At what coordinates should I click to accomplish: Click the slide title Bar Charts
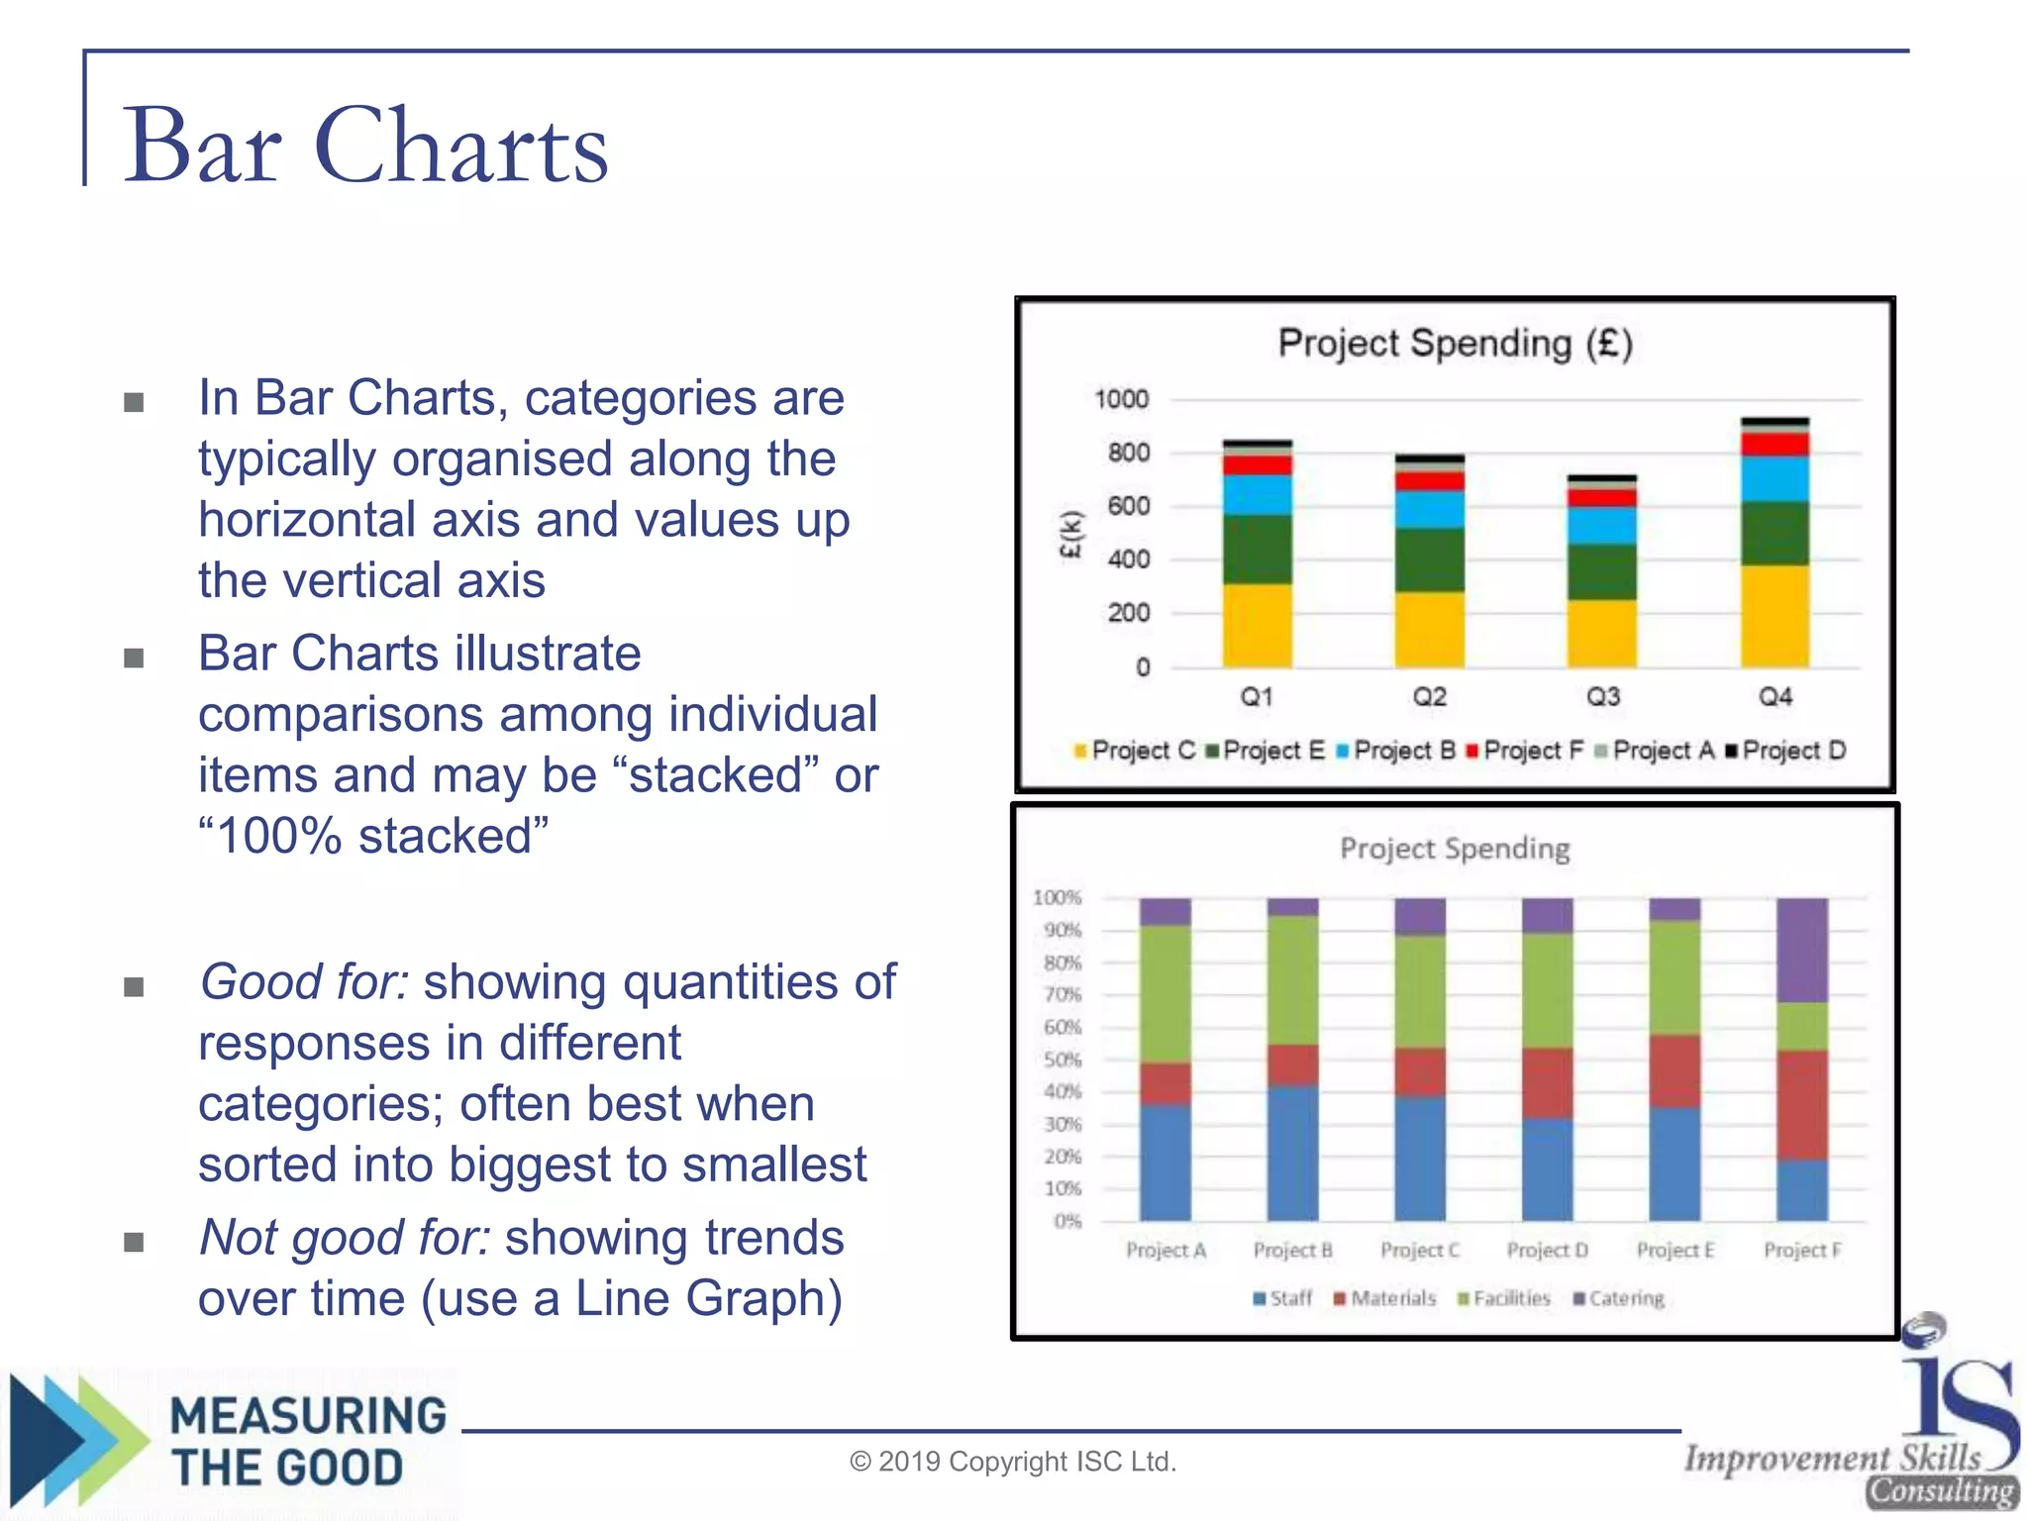tap(364, 147)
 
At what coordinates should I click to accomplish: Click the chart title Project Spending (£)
tap(1454, 344)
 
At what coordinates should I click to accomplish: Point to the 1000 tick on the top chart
tap(1121, 399)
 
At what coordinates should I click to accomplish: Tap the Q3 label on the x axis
tap(1602, 697)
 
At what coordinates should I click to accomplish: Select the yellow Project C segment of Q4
tap(1774, 616)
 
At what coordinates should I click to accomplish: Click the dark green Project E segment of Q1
tap(1257, 549)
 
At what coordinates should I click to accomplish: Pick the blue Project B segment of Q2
tap(1429, 509)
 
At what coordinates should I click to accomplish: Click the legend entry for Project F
tap(1525, 751)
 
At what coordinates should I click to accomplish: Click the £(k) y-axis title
tap(1070, 535)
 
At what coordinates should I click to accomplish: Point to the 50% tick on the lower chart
tap(1063, 1060)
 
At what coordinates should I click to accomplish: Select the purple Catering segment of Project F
tap(1801, 951)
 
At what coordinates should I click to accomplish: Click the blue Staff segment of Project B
tap(1292, 1154)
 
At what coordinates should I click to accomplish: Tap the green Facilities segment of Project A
tap(1165, 994)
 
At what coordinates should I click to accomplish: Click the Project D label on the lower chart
tap(1547, 1251)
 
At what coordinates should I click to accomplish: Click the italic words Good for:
tap(304, 982)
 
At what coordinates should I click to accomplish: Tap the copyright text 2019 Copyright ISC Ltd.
tap(1013, 1462)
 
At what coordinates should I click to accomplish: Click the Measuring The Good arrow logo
tap(74, 1441)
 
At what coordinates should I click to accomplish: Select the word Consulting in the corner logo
tap(1942, 1491)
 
